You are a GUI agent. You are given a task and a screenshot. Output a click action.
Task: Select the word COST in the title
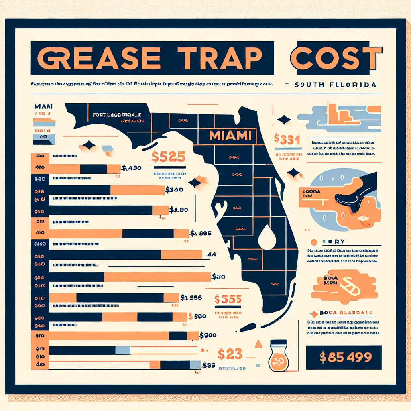tap(335, 58)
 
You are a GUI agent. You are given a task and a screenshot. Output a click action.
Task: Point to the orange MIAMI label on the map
tap(230, 136)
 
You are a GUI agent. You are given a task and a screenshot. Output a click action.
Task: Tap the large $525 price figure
tap(169, 156)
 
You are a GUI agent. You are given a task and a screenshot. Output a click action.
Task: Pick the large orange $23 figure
tap(230, 354)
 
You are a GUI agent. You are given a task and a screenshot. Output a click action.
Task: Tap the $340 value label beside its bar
tap(174, 189)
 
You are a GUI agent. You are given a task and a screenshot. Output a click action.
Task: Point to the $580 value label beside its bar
tap(197, 316)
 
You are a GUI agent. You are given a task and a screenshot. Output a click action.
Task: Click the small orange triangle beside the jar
tap(258, 344)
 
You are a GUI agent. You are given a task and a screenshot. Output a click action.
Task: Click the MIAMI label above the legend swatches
tap(43, 107)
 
